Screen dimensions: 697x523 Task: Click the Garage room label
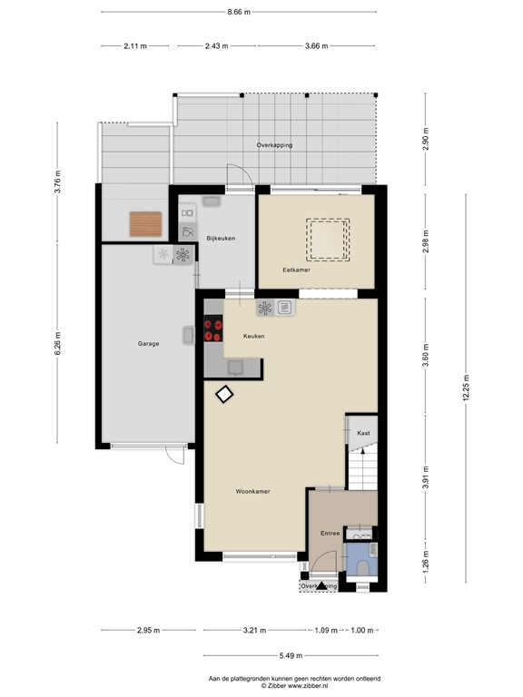click(149, 344)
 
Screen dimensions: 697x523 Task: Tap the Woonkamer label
click(253, 491)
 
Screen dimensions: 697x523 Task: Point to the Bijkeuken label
click(221, 238)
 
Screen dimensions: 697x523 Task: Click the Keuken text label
click(253, 336)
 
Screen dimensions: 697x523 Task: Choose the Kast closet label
click(363, 433)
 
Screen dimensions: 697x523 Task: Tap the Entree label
click(329, 534)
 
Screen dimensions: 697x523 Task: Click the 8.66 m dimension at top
click(239, 12)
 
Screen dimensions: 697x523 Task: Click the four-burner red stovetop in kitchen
click(214, 329)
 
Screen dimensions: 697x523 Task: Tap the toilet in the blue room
click(363, 566)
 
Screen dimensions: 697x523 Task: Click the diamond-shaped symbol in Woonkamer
click(223, 394)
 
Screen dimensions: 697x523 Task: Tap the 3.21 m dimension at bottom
click(256, 630)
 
